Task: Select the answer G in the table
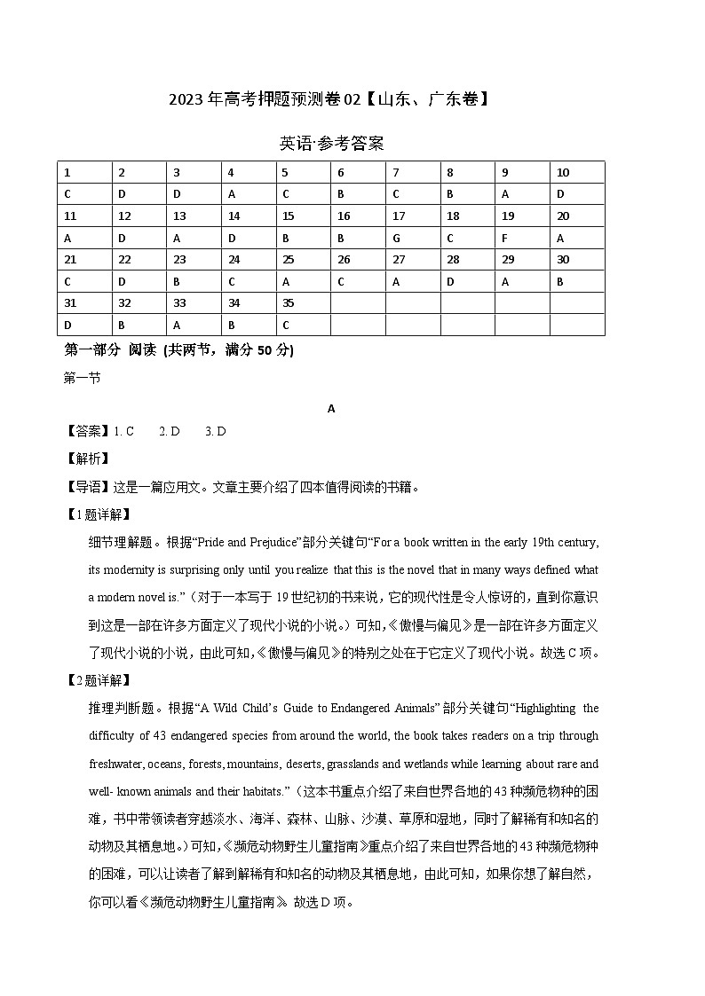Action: (396, 238)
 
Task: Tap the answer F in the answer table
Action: (505, 238)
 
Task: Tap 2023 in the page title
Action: (186, 99)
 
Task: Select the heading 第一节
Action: (83, 378)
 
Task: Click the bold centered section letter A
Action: (331, 409)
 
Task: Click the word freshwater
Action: (116, 764)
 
